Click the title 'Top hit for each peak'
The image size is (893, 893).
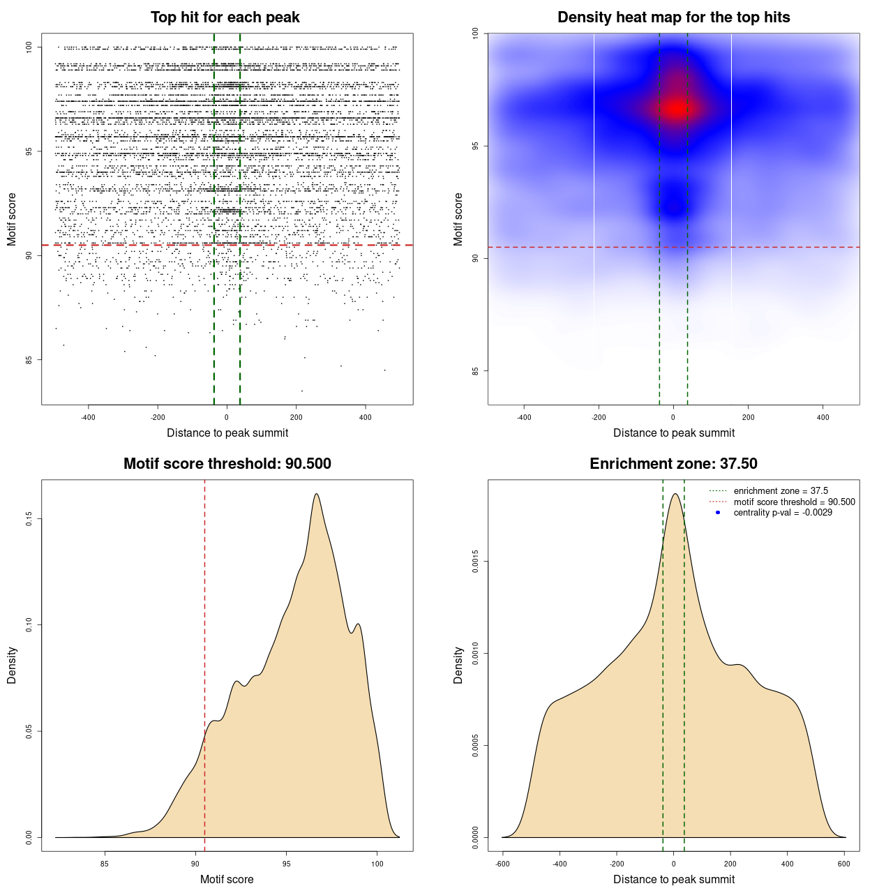[x=225, y=17]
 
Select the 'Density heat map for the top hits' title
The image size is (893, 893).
[x=673, y=17]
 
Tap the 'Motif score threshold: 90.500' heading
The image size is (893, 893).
[x=227, y=464]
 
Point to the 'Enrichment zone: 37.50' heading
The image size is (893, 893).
[x=673, y=464]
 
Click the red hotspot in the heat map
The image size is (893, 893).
[x=675, y=108]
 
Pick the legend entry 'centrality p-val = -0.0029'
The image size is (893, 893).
[x=783, y=513]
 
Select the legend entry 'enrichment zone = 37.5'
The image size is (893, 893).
[x=781, y=491]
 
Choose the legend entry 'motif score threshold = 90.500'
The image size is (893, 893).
[x=794, y=502]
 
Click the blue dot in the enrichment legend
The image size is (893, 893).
[x=718, y=513]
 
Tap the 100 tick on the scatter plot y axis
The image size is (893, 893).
[x=29, y=47]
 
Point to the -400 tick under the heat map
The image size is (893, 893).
[x=524, y=417]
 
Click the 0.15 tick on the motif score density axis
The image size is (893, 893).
[x=29, y=519]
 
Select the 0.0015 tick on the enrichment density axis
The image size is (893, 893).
[x=476, y=562]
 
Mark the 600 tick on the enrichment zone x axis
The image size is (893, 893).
[x=844, y=864]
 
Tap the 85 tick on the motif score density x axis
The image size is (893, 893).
[x=105, y=864]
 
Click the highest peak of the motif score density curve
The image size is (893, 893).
[x=317, y=494]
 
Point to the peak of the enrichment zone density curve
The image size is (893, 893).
[x=675, y=494]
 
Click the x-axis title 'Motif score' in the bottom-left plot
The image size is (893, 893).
[x=227, y=879]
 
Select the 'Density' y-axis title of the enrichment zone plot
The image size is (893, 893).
[x=458, y=665]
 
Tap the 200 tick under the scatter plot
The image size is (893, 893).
[x=297, y=417]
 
